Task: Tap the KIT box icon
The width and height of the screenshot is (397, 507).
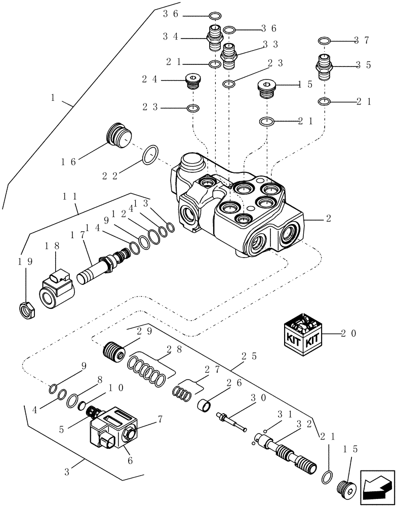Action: coord(302,333)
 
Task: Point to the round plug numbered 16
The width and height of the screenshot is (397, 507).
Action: coord(118,136)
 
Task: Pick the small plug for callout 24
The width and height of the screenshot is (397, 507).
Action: coord(192,81)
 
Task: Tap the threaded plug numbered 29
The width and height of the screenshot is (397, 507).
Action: coord(114,350)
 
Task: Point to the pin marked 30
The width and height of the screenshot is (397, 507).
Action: coord(230,421)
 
